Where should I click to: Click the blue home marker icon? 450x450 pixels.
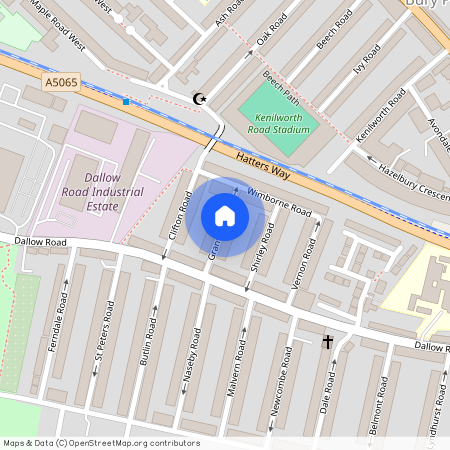coord(225,216)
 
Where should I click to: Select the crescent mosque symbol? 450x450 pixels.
coord(198,97)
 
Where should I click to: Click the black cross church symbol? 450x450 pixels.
coord(327,342)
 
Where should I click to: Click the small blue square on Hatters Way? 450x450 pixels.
coord(126,101)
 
